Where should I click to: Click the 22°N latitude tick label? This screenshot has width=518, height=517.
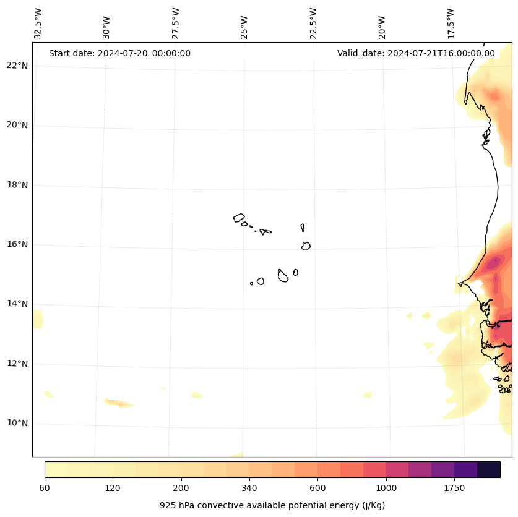pos(17,66)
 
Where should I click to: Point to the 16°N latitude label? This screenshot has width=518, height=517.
pos(17,244)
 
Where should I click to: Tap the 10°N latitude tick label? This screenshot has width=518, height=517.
pos(17,423)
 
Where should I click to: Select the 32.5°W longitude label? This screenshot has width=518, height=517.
pos(38,23)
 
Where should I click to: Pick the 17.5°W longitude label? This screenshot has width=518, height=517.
pos(451,23)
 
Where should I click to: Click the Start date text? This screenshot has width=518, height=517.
pos(119,53)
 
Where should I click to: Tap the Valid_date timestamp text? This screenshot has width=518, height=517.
pos(416,53)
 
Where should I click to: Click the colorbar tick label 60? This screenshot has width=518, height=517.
pos(45,488)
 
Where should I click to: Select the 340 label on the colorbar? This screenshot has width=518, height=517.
pos(249,488)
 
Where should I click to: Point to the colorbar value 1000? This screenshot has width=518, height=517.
pos(386,488)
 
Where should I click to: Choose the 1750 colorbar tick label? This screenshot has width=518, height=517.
pos(454,488)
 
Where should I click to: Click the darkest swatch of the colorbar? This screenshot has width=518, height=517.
pos(489,469)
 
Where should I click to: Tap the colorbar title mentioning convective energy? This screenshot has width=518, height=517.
pos(272,505)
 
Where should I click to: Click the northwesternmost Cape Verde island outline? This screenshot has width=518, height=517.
pos(239,217)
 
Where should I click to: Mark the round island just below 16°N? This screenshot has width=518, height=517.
pos(306,246)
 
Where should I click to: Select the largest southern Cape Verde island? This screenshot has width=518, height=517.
pos(283,276)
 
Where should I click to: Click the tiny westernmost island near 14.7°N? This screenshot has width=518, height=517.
pos(251,283)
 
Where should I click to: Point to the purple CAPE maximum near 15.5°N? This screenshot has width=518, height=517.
pos(493,263)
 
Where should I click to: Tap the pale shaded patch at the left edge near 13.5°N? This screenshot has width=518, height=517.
pos(37,319)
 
